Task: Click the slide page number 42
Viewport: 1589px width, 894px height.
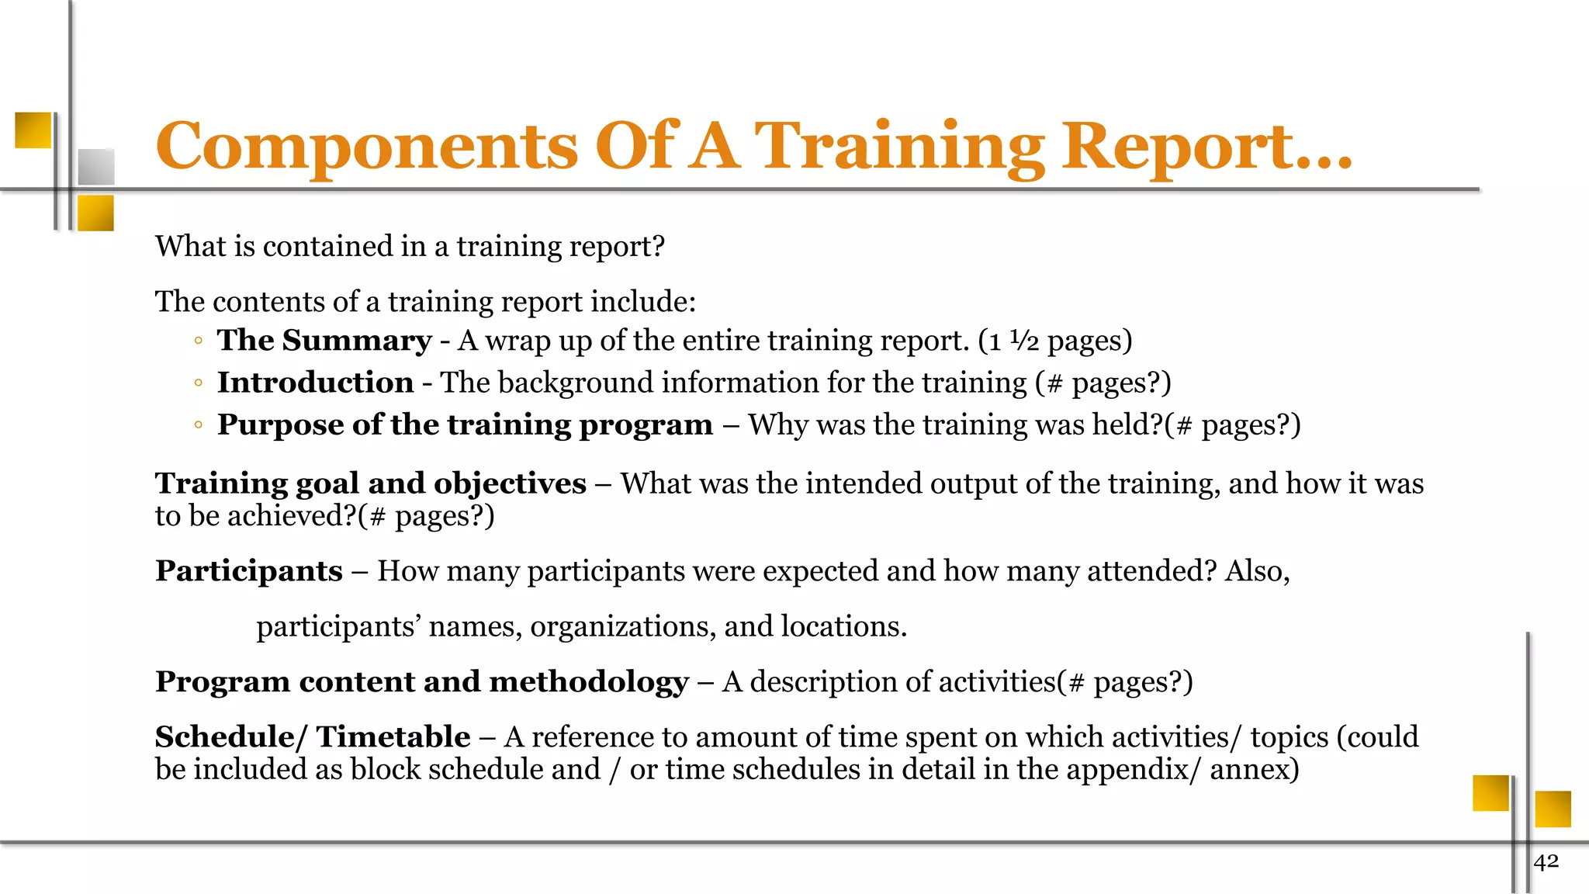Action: point(1546,861)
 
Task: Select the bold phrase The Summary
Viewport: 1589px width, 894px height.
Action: point(324,341)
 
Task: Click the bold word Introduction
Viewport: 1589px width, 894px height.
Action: point(315,383)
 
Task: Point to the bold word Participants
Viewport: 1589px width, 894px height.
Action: point(248,571)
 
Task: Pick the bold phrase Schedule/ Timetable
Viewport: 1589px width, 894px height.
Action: point(313,737)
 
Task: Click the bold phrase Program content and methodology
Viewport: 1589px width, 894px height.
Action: point(421,682)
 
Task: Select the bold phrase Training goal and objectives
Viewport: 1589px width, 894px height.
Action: point(370,483)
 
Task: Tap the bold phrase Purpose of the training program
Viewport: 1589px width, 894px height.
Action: point(465,424)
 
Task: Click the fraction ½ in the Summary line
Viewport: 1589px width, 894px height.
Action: point(1023,341)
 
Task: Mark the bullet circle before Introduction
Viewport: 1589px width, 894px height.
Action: point(199,383)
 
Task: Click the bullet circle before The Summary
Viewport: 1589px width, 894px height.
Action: point(199,341)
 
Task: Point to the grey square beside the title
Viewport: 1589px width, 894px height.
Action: point(96,166)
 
